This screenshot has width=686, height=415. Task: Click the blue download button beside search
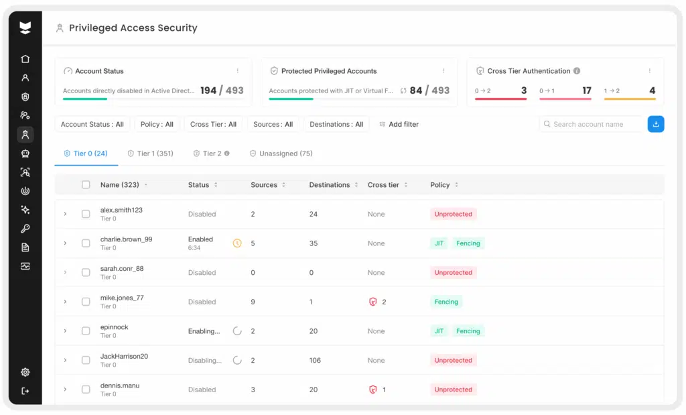pos(656,124)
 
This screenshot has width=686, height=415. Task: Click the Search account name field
pos(592,124)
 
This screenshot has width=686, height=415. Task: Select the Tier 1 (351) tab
pos(150,154)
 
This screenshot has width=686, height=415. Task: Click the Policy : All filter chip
pos(157,124)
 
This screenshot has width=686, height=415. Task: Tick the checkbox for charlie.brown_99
pos(86,243)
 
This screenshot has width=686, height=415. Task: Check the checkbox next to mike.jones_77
pos(86,302)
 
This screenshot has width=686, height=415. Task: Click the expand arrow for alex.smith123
pos(65,214)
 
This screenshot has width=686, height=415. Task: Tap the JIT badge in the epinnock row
pos(439,331)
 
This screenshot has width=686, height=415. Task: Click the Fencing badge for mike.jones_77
pos(446,302)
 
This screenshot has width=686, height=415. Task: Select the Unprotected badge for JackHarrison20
pos(453,360)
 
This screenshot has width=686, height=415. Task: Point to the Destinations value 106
pos(315,360)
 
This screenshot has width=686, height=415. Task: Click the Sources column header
pos(264,185)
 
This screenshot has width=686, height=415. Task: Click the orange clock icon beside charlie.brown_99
pos(237,243)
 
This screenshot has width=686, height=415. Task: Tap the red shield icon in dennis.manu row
pos(373,390)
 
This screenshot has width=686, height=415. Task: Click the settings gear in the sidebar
pos(25,372)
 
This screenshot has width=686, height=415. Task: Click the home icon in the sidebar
pos(25,59)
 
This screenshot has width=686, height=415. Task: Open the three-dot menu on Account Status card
pos(237,71)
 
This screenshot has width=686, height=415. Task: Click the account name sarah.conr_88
pos(122,269)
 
